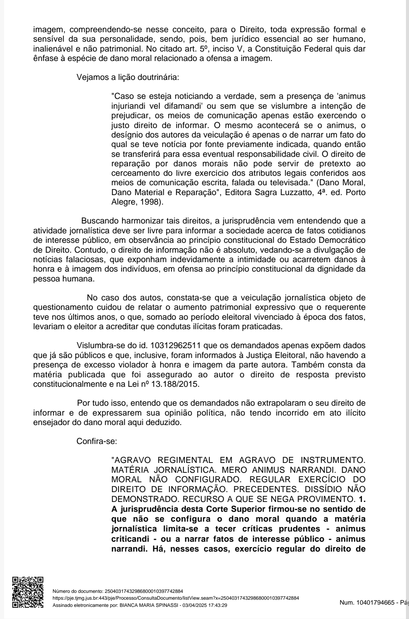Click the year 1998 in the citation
[x=151, y=202]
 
